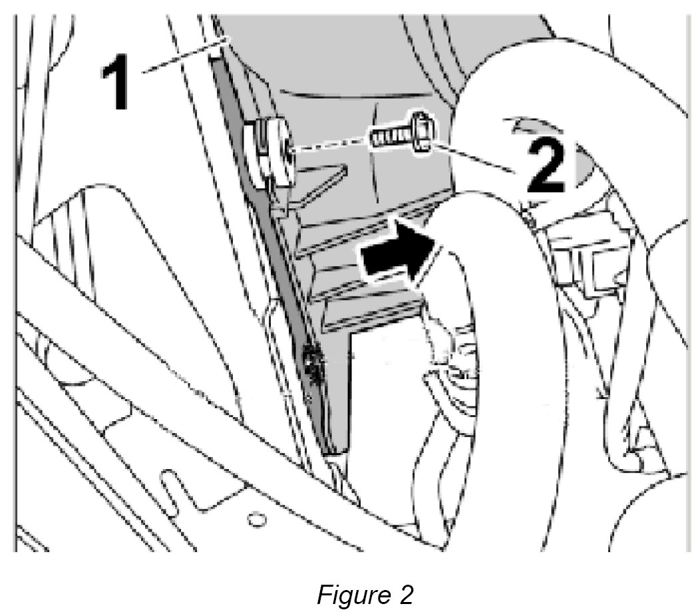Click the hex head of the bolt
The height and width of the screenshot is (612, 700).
pyautogui.click(x=420, y=132)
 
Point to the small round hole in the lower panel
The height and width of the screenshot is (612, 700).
pyautogui.click(x=254, y=517)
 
